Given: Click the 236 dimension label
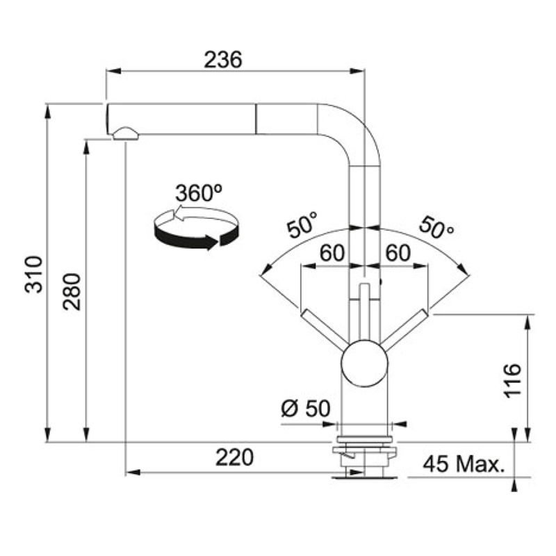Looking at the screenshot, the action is coord(223,60).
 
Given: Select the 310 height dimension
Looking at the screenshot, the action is coord(33,274).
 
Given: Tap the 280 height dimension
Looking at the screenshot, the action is coord(72,291).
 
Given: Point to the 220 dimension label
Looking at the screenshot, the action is coord(234,457).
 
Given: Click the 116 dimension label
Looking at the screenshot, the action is coord(512,380).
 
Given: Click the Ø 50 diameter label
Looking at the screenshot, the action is coord(306,408).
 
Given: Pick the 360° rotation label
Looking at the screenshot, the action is coord(199,193).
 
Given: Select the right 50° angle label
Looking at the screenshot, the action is coord(436,227).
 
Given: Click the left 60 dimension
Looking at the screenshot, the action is coord(332,253).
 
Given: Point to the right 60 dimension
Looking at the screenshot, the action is coord(398,253).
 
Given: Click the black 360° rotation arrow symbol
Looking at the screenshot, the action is coord(196,228).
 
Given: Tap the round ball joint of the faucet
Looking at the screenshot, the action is coord(364,363).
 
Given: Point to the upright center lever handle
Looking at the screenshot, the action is coord(364,312).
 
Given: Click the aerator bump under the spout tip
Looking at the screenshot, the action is coord(125,134).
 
